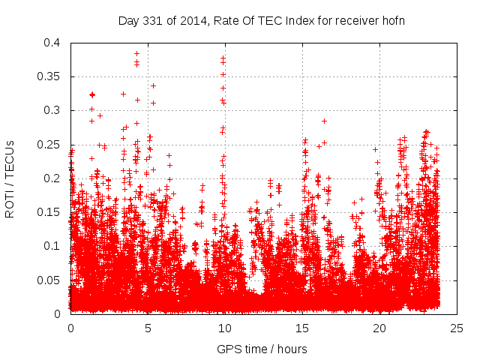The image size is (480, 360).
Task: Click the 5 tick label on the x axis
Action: [x=148, y=328]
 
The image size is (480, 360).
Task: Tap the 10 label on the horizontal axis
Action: [x=225, y=328]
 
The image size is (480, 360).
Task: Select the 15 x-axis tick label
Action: [x=302, y=328]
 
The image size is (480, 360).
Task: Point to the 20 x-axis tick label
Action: [x=379, y=328]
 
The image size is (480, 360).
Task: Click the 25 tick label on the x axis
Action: [x=457, y=328]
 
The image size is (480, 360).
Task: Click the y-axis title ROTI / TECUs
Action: [x=10, y=178]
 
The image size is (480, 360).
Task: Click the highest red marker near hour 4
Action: [x=136, y=53]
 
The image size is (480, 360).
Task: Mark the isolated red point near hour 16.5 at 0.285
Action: [x=324, y=121]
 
